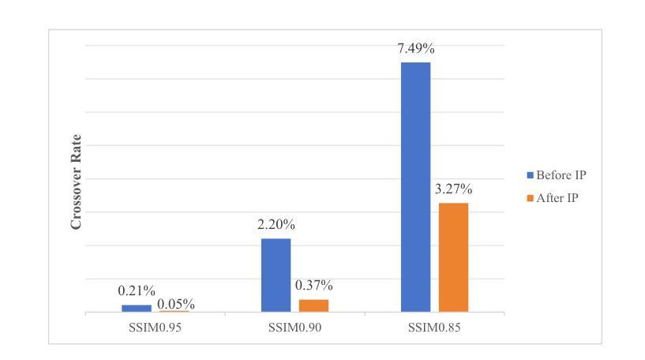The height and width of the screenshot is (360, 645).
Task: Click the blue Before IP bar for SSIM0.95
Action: coord(137,309)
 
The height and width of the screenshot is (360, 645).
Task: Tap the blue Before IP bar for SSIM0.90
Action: coord(276,275)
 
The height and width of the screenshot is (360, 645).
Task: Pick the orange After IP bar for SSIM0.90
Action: coord(313,306)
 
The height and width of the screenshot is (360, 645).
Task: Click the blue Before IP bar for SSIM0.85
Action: coord(415,187)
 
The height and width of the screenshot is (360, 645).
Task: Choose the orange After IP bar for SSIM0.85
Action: coord(453,257)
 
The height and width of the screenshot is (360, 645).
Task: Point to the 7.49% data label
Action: coord(416,49)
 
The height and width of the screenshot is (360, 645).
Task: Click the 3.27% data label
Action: coord(454,189)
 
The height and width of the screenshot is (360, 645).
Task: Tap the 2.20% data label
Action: coord(276,225)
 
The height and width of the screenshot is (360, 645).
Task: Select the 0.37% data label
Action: coord(314,286)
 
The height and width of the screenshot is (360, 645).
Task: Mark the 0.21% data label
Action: coord(137,292)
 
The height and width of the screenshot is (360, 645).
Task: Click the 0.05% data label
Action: coord(176,304)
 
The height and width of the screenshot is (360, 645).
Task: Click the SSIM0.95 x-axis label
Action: coord(156,327)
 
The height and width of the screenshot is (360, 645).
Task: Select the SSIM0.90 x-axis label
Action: coord(294,327)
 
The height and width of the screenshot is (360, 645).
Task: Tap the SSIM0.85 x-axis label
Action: coord(434,327)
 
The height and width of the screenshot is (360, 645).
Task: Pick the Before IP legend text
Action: coord(561,175)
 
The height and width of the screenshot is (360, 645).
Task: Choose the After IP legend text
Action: coord(557,198)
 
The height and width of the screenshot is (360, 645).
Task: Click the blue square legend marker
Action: coord(531,175)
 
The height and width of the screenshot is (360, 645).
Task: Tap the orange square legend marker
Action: coord(531,198)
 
